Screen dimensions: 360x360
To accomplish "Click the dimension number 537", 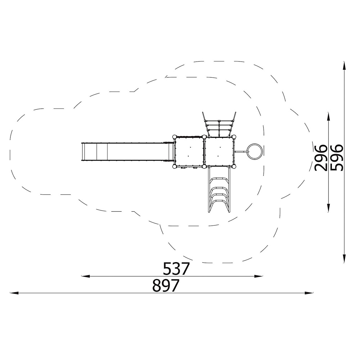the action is click(176, 269).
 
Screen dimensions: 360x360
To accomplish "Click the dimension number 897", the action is click(166, 285).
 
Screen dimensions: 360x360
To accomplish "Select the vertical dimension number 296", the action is click(321, 158).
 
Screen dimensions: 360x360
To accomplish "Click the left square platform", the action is click(189, 152).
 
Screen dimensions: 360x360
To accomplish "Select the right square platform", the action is click(219, 152).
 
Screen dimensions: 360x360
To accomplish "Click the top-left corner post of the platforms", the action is click(174, 137).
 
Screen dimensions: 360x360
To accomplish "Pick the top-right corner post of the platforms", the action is click(234, 137).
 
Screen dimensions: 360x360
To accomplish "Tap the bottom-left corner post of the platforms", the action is click(174, 166).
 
